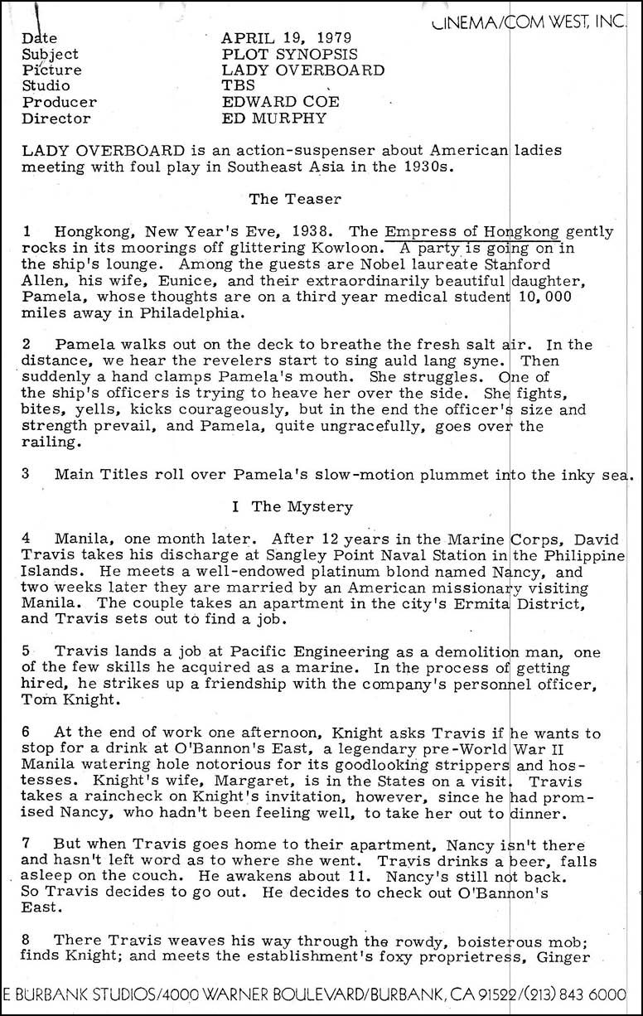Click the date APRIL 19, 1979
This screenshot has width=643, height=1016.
point(286,38)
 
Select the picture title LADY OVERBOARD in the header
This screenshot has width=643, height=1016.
point(303,70)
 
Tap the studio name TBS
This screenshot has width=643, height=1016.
point(239,85)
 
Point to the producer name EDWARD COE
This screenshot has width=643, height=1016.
point(281,102)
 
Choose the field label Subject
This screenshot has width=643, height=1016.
point(51,54)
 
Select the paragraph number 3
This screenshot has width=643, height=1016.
point(27,474)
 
